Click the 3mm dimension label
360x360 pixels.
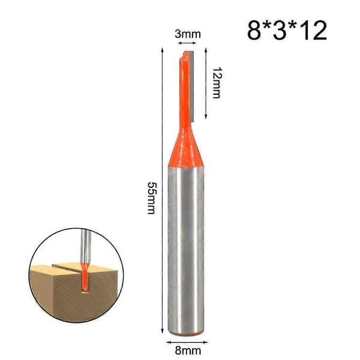[188, 34]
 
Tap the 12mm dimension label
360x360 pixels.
[217, 83]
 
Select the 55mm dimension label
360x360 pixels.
[152, 198]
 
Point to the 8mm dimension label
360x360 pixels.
[188, 350]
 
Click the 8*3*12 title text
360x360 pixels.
[287, 31]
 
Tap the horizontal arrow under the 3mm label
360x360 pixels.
[187, 43]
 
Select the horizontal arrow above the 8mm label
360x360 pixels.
[187, 342]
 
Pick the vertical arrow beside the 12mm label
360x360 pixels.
[206, 83]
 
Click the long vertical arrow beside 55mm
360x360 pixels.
[163, 191]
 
